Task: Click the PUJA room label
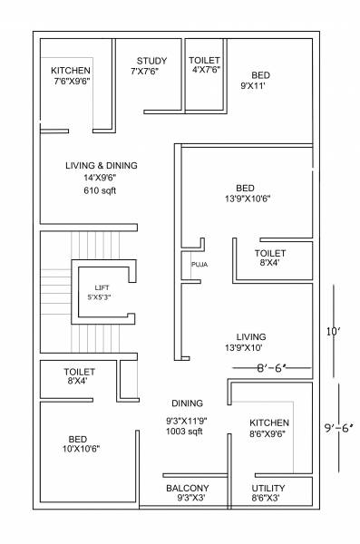coord(199,265)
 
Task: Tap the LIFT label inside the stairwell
coord(102,287)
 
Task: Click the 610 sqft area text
coord(101,191)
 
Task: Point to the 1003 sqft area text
coord(185,431)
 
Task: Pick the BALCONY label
coord(188,488)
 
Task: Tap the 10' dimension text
coord(334,332)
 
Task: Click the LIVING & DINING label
coord(101,166)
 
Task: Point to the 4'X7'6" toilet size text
coord(204,72)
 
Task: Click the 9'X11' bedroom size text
coord(259,86)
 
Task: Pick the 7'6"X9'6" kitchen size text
coord(72,82)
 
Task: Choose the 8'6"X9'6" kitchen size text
coord(269,434)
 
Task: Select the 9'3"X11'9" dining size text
coord(185,419)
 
